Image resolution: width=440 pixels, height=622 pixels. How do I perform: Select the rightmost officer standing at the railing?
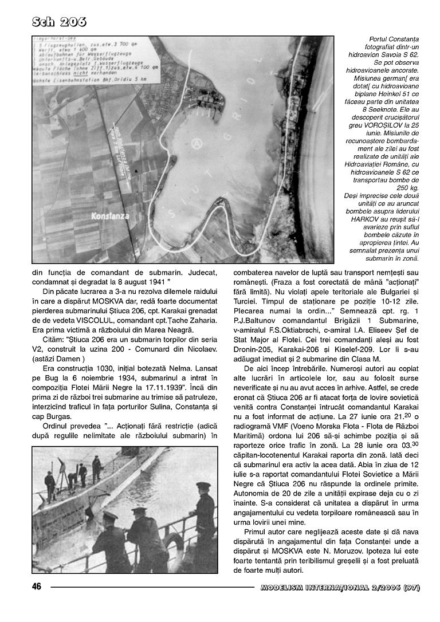[x=203, y=515]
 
